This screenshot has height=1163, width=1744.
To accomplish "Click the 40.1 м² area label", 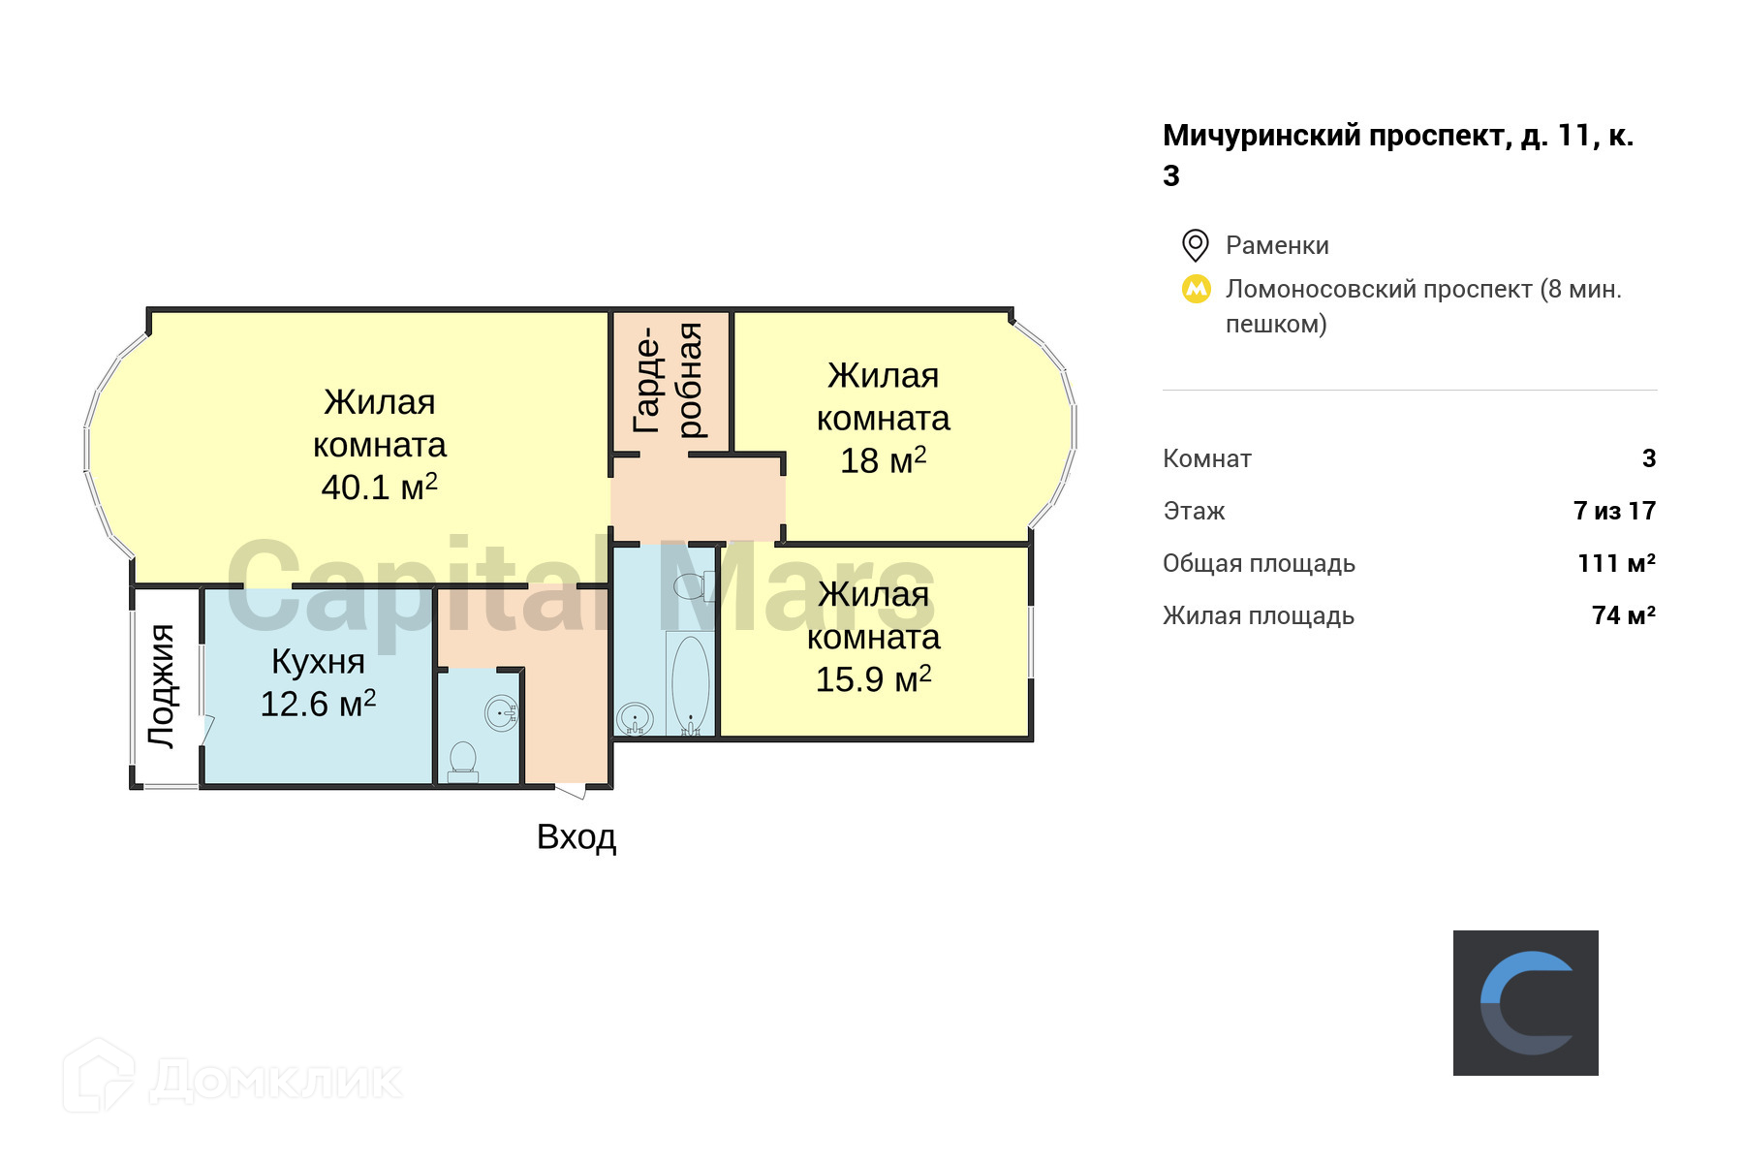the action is (379, 487).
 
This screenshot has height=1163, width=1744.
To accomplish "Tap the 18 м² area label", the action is (883, 460).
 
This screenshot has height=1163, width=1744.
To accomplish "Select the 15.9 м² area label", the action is (873, 679).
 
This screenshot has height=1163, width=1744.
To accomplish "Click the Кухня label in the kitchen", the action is (318, 661).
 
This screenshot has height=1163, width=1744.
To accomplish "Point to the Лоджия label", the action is (162, 685).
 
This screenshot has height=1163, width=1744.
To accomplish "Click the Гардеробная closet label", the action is (668, 381).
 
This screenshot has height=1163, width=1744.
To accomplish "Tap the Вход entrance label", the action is (576, 836).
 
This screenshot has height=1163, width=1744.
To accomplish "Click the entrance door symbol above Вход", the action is (571, 791).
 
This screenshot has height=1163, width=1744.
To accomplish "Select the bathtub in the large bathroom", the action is (690, 683).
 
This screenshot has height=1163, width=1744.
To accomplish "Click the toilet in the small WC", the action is (463, 762).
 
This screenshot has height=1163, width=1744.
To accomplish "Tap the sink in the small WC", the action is (501, 713).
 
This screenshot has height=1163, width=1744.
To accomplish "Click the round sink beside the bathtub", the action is (635, 719).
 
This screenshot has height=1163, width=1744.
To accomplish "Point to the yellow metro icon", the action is (1197, 289).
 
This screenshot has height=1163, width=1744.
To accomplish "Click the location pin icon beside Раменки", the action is (1196, 245).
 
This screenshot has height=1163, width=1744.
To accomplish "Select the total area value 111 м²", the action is (1615, 563).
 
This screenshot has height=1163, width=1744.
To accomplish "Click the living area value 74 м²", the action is (1623, 615).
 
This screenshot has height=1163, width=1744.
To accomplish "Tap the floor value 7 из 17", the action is (1614, 511).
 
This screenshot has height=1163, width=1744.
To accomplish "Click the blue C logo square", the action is (1525, 1002).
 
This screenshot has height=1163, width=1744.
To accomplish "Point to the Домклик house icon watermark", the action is (98, 1076).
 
